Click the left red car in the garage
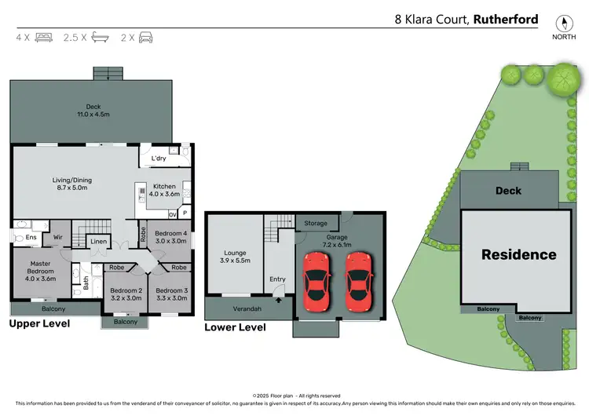[316, 280]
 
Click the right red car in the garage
[357, 280]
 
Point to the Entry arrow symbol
[278, 299]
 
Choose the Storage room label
[316, 224]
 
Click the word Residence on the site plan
[518, 254]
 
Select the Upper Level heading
[39, 323]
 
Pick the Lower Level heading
[235, 327]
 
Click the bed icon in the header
[44, 37]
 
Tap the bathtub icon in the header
[99, 37]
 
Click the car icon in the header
[146, 37]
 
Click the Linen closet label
[98, 242]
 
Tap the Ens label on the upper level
[31, 236]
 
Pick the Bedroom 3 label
[170, 294]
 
